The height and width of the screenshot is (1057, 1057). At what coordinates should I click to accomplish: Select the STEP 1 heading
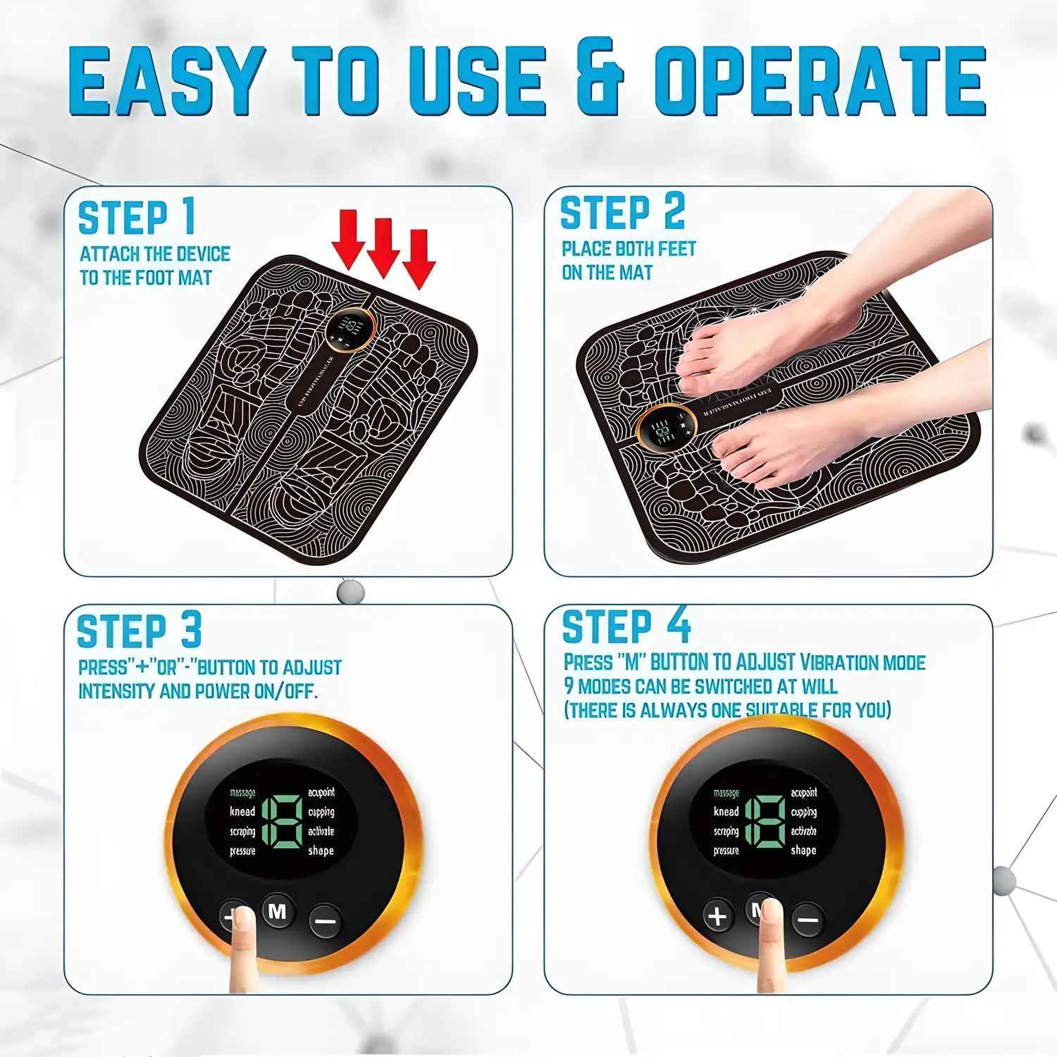tap(136, 217)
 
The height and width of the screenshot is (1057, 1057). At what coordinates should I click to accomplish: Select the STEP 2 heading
tap(622, 212)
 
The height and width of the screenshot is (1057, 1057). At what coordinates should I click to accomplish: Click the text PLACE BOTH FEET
tap(628, 249)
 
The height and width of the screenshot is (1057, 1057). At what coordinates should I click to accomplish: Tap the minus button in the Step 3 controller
tap(325, 920)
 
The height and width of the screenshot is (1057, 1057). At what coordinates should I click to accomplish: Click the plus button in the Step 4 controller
tap(717, 917)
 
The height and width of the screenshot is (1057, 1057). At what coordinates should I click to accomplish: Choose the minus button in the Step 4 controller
tap(808, 920)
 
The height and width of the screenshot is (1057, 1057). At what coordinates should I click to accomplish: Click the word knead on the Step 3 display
tap(242, 812)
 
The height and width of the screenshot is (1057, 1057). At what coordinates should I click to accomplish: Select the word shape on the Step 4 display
tap(803, 851)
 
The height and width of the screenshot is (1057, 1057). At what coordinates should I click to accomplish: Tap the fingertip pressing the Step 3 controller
tap(244, 920)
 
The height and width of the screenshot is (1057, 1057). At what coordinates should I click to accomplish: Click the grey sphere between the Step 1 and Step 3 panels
tap(350, 591)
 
